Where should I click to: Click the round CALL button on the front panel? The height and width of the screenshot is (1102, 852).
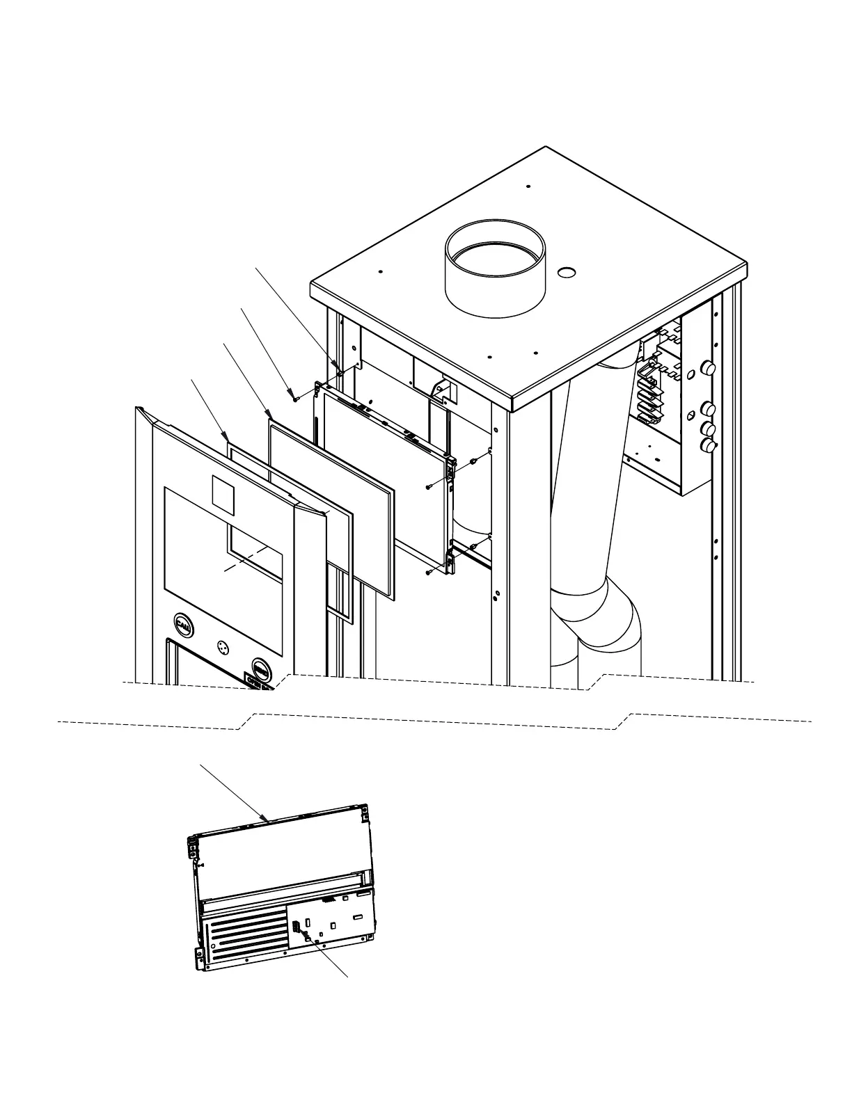183,625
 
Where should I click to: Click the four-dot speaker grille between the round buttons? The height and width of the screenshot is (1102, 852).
223,646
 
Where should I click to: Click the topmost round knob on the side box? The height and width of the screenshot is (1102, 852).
709,367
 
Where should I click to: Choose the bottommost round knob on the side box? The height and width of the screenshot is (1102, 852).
709,445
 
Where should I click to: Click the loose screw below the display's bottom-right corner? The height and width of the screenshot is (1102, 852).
429,572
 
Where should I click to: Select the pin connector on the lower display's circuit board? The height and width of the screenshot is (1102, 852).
296,927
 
